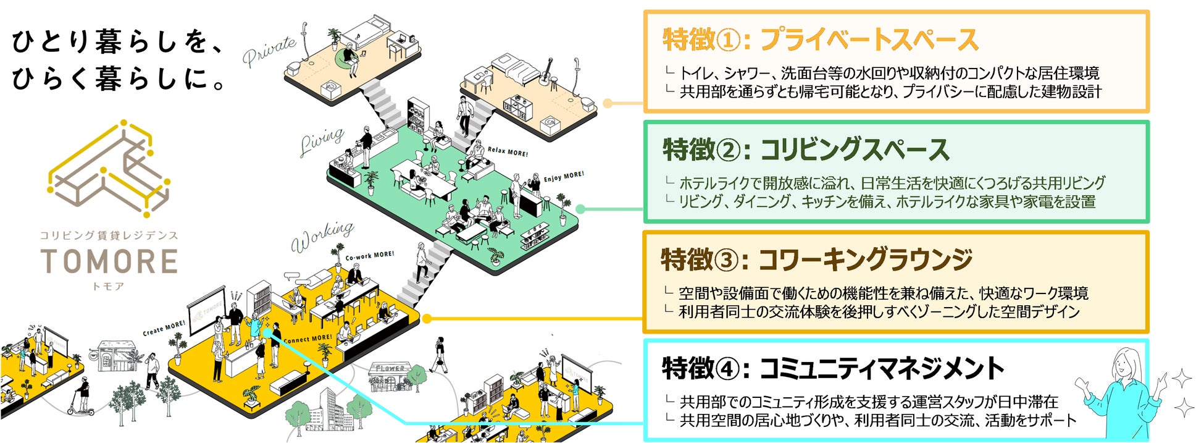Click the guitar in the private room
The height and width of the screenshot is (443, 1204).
546,72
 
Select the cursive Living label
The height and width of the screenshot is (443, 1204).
322,141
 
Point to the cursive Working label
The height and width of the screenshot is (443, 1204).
322,236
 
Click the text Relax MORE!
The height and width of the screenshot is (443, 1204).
508,151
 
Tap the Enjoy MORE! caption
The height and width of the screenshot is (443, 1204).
563,177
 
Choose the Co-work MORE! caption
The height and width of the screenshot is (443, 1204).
369,256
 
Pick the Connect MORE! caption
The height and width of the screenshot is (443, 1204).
307,339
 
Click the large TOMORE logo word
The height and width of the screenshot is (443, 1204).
109,261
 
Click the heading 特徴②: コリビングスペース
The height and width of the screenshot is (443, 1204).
805,150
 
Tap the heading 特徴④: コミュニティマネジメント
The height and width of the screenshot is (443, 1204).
833,369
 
